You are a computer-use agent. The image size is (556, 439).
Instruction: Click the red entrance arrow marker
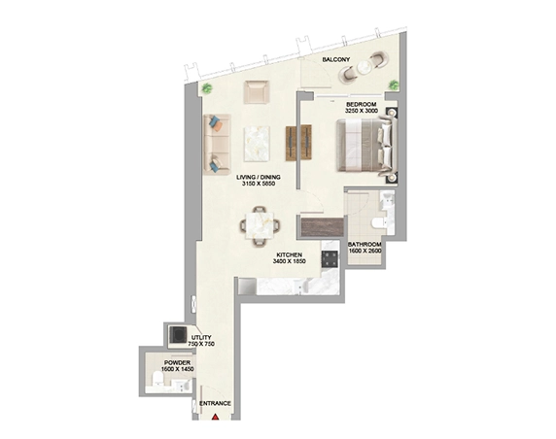click(215, 417)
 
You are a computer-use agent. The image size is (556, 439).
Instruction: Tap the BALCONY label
click(335, 59)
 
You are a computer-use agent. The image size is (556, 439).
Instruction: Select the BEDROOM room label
click(361, 105)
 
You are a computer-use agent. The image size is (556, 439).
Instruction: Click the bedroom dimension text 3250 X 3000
click(362, 111)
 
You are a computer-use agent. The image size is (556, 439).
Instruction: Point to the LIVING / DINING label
click(259, 177)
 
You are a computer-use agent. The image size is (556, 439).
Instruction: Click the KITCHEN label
click(290, 254)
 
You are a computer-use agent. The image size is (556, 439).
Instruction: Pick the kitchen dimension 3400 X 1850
click(289, 261)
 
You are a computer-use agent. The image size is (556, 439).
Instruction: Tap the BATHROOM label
click(365, 245)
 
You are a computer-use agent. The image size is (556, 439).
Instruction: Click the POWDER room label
click(177, 363)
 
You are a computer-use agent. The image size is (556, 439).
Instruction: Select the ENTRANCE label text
click(215, 403)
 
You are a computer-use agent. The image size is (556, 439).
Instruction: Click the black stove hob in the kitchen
click(330, 259)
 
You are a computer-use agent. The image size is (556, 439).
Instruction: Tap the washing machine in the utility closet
click(178, 334)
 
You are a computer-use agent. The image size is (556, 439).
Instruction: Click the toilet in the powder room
click(156, 379)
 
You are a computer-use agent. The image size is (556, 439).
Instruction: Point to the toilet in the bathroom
click(378, 223)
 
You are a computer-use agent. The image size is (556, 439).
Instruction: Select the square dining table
click(260, 225)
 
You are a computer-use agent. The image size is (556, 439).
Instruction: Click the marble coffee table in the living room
click(257, 144)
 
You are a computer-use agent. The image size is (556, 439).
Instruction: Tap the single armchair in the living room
click(256, 92)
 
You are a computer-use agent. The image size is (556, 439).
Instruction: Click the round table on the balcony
click(365, 68)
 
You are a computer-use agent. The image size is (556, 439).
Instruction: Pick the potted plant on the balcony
click(394, 84)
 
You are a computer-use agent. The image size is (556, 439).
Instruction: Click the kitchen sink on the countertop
click(300, 287)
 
